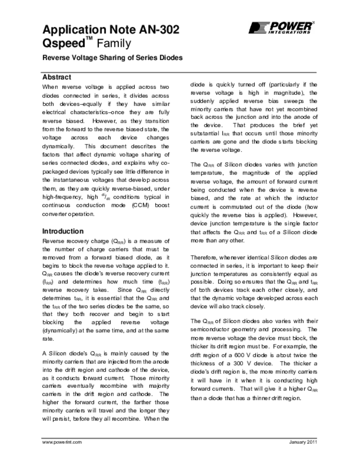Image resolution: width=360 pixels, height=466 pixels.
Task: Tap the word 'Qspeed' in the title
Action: (x=64, y=44)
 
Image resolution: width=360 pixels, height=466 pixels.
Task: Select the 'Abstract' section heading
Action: (x=56, y=77)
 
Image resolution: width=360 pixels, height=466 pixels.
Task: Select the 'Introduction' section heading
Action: (x=63, y=231)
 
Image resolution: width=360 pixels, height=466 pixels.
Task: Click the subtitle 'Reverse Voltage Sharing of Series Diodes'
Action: (x=112, y=58)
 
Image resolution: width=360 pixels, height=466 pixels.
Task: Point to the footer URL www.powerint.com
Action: (x=61, y=442)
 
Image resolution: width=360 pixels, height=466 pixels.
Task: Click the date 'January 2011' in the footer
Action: (x=303, y=442)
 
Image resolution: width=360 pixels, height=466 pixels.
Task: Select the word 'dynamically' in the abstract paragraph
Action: (x=58, y=147)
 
